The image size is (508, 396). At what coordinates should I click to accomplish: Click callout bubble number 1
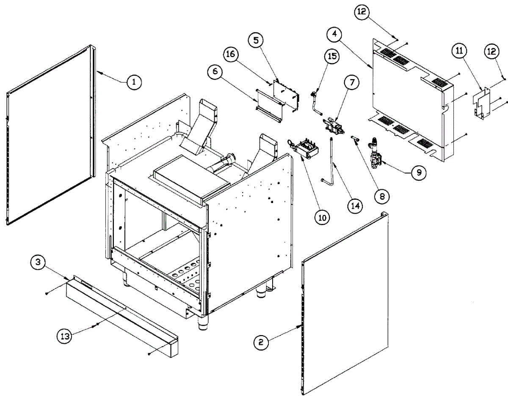pos(134,82)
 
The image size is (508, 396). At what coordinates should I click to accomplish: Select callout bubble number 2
pos(261,343)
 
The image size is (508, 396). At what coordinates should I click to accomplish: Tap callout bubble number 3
pos(38,262)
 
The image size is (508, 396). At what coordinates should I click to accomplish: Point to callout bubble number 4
pos(335,34)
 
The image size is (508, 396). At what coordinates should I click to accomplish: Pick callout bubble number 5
pos(256,41)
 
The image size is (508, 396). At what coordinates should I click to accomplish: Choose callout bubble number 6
pos(215,71)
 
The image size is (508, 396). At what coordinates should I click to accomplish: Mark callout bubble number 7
pos(352,82)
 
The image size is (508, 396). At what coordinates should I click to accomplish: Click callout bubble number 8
pos(382,196)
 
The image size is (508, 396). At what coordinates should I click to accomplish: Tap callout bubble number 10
pos(322,218)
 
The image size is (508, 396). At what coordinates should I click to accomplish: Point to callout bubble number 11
pos(460,51)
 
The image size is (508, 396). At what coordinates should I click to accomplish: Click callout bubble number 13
pos(65,336)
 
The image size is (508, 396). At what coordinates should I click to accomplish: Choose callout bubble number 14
pos(355,206)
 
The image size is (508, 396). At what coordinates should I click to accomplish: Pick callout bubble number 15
pos(332,56)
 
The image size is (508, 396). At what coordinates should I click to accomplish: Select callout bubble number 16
pos(231,54)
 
